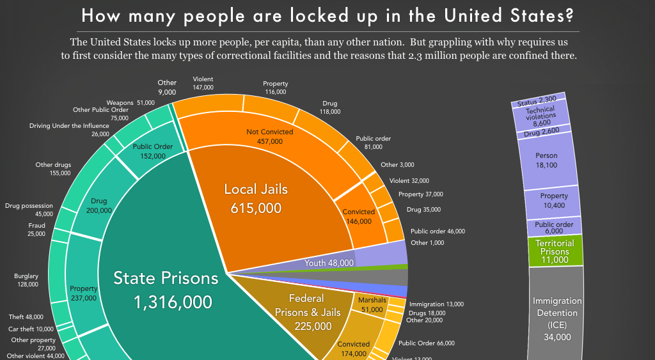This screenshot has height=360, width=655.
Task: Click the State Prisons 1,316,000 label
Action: (166, 290)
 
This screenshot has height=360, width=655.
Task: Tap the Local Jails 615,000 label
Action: (255, 198)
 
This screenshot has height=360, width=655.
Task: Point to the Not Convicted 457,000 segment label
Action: (269, 136)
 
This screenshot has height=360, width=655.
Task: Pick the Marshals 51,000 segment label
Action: (372, 304)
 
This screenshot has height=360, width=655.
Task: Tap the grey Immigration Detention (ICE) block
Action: (556, 318)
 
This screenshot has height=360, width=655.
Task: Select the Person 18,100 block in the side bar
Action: (546, 160)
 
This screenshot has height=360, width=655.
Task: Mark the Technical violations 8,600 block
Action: (541, 117)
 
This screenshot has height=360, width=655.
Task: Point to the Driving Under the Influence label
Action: (69, 125)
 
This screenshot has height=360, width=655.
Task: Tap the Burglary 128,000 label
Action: (26, 280)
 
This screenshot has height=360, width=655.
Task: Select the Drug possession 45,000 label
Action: (29, 210)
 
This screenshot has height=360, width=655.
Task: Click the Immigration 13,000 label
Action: (436, 304)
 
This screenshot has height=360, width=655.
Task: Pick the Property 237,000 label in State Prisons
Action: (84, 293)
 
